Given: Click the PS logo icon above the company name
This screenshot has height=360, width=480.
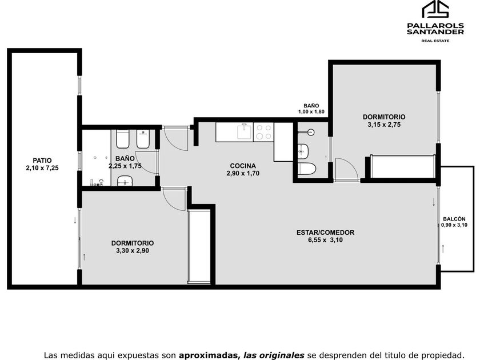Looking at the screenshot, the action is point(435,9).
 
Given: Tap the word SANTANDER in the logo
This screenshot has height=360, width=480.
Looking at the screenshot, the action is point(435,31).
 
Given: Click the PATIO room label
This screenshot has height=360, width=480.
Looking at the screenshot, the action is point(42,161).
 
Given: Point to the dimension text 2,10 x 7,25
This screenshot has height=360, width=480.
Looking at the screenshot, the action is point(42,168).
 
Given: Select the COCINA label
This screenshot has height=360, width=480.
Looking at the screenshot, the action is point(243,166).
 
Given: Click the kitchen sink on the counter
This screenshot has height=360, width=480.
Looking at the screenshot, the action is point(244,131).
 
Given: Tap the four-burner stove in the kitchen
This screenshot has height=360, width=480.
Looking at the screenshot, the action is point(263,132).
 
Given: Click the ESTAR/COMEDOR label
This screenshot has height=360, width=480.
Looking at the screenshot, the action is point(325,233).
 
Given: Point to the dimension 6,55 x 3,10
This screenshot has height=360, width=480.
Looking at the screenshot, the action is point(325,240).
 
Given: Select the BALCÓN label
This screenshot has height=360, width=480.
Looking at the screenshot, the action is point(454,219).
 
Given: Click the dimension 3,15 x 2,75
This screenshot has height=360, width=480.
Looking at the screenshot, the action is point(384,125).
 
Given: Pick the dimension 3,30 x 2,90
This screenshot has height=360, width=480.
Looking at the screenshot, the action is point(133,251).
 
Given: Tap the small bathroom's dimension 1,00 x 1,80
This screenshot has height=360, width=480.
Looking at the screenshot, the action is point(311,112).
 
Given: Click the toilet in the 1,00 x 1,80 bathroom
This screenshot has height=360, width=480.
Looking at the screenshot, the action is point(307,169).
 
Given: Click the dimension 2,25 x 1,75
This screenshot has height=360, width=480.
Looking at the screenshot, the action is point(125,166).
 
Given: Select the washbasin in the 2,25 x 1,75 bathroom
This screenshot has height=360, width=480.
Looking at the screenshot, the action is point(125,181).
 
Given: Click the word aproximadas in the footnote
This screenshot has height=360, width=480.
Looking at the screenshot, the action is point(209,355).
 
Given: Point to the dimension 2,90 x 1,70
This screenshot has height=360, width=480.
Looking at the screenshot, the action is point(243,173).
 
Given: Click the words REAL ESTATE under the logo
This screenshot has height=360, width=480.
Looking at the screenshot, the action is point(435,41).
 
